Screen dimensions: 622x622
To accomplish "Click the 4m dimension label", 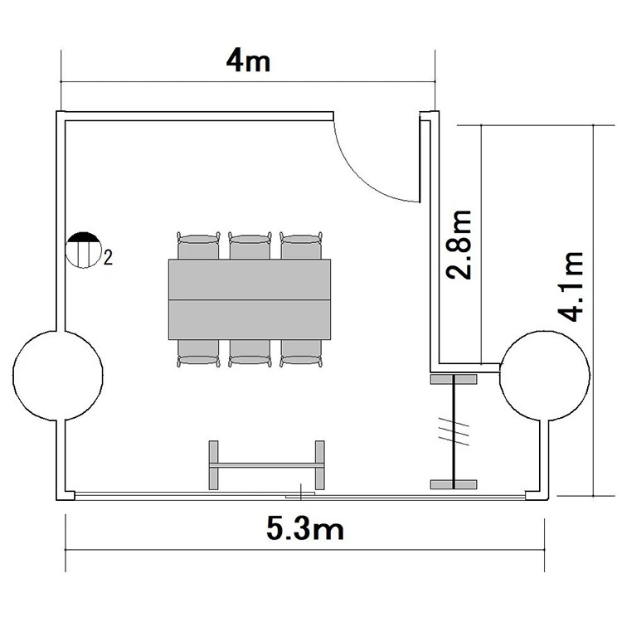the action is tap(248, 62).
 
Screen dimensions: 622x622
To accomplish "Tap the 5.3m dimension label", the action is tap(305, 529).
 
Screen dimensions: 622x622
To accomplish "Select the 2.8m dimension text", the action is tap(459, 245).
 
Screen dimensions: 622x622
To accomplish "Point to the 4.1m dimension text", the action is tap(571, 286).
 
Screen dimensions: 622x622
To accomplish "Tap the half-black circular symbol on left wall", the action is tap(83, 250).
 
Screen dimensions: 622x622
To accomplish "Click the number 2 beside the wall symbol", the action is tap(108, 258).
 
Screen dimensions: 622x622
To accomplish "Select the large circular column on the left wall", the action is tap(58, 375).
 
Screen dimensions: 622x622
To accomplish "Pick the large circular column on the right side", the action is tap(545, 375).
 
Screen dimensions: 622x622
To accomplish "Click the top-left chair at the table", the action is tap(198, 246).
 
